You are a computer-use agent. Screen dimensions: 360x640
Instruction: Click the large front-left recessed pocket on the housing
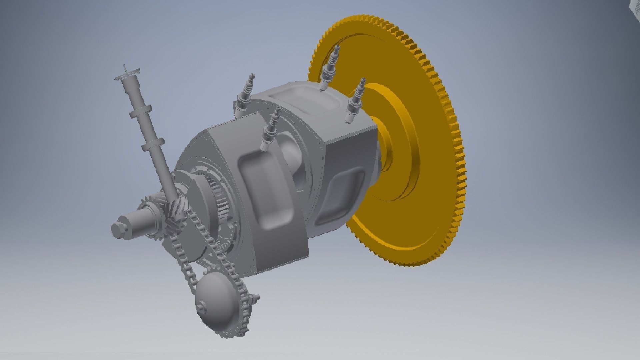click(x=267, y=190)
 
